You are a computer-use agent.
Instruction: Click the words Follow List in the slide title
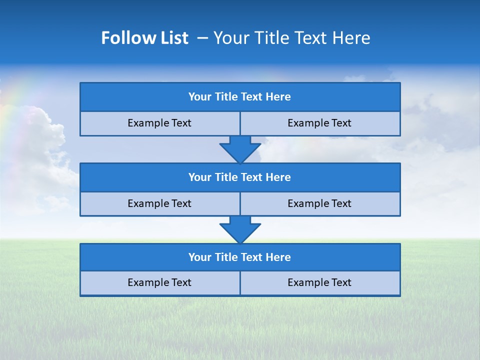pos(144,38)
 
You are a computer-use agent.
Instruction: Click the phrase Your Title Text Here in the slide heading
pos(291,38)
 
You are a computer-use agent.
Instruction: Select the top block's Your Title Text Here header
pos(239,97)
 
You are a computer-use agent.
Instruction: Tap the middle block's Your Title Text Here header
pos(239,177)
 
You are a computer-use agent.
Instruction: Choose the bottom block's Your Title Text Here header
pos(239,257)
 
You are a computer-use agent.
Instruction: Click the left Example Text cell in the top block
pos(159,123)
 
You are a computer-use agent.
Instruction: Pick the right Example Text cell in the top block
pos(319,123)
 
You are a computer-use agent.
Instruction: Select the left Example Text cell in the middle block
pos(159,204)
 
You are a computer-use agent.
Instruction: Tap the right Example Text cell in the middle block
pos(319,204)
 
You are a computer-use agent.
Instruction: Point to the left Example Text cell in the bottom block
pos(159,283)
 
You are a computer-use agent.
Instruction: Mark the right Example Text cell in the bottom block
pos(319,283)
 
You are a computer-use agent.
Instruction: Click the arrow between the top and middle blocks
pos(240,149)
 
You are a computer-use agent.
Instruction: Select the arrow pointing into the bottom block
pos(240,229)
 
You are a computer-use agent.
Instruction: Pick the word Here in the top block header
pos(278,97)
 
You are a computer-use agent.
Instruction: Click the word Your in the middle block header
pos(199,177)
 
